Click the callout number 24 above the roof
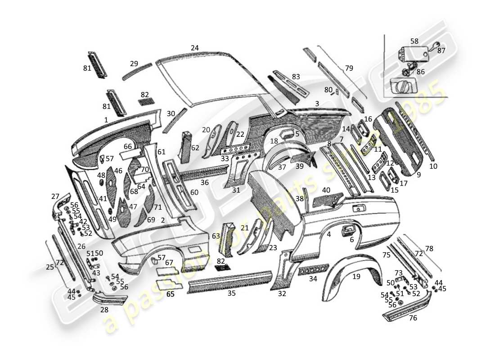pos(194,48)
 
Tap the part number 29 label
pos(134,63)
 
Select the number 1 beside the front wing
pos(106,120)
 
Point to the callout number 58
pos(414,41)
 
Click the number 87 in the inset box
pos(441,51)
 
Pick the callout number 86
pos(420,72)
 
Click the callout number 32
pos(282,294)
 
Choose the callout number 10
pos(433,166)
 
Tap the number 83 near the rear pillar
pos(296,77)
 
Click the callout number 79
pos(349,68)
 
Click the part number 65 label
pos(170,294)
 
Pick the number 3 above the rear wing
pos(317,103)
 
